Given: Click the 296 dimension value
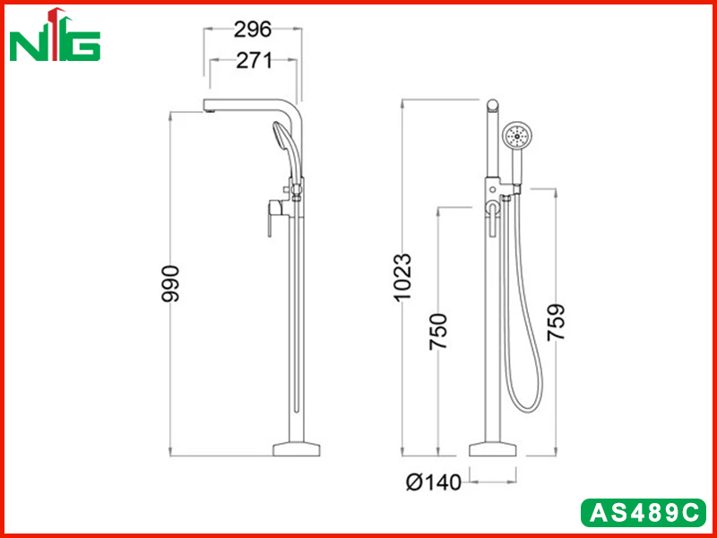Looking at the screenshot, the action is click(253, 30).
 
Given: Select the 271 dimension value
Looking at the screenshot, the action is click(254, 60).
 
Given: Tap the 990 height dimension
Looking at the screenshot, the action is click(170, 283).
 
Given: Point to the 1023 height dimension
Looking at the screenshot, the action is click(402, 277).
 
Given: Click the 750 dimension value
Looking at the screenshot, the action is click(437, 332).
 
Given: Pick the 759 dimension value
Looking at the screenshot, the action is click(556, 322).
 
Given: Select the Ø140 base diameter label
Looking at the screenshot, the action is click(434, 482).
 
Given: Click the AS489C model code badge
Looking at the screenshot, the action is click(644, 513).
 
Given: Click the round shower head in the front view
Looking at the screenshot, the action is click(518, 135).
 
